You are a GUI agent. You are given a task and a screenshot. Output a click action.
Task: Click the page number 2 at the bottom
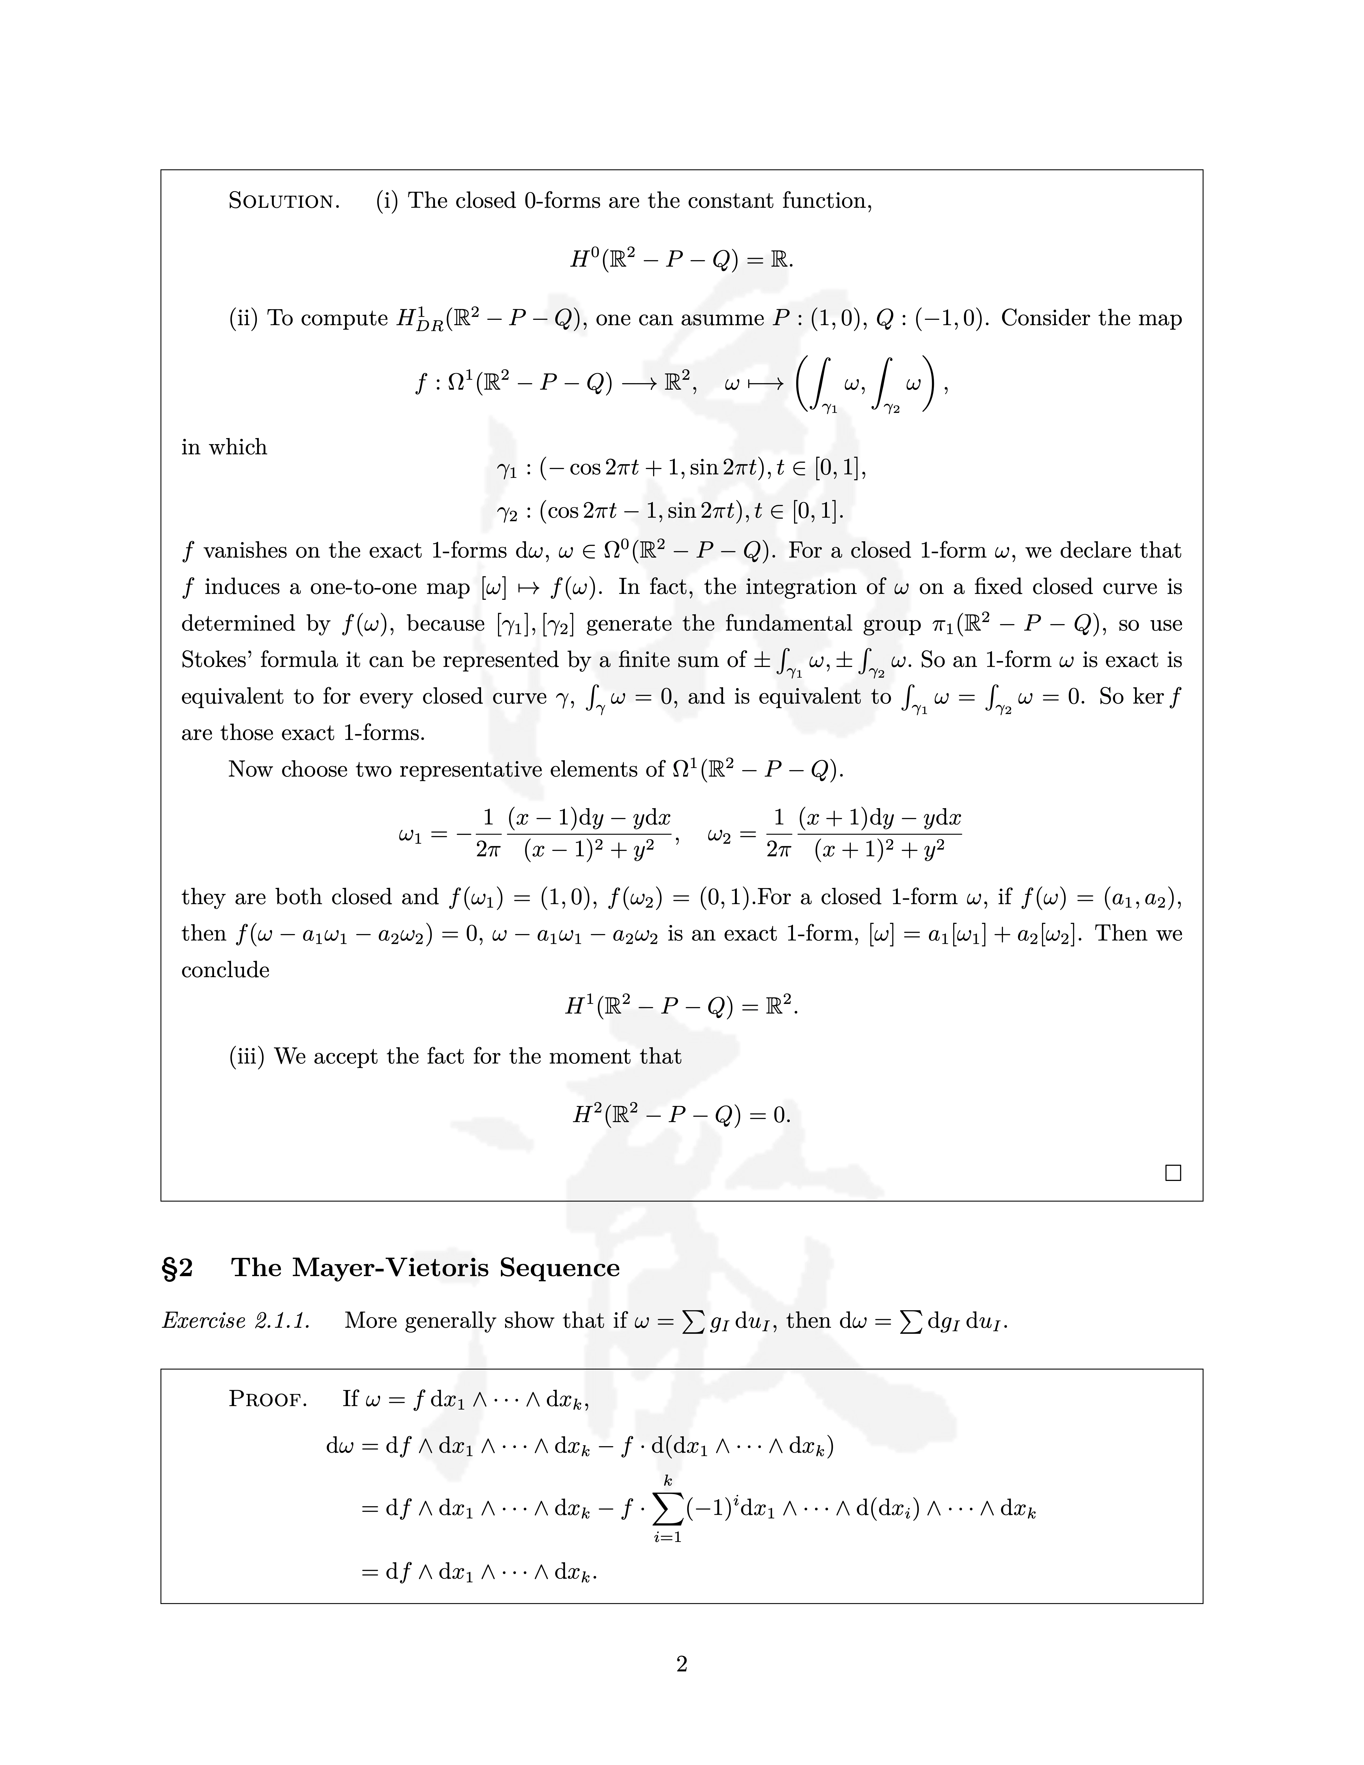681,1664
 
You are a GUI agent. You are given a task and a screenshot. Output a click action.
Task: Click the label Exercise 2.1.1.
236,1321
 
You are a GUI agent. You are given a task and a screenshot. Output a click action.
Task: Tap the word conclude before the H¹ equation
225,970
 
